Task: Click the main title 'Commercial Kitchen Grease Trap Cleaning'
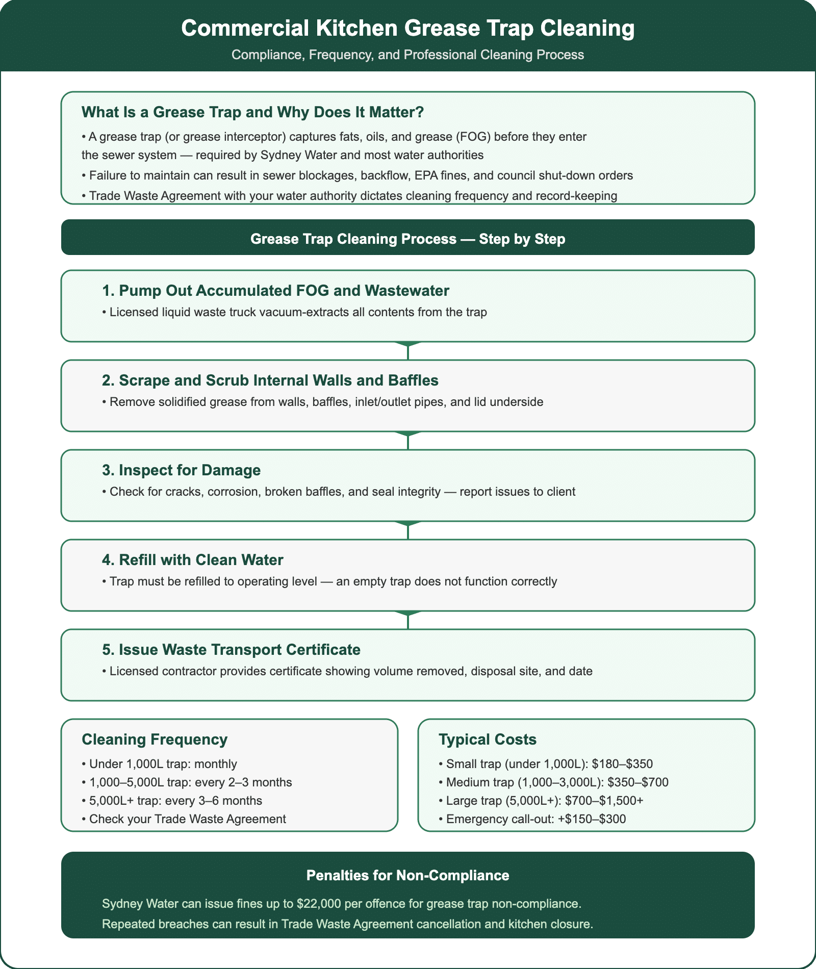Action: pos(407,29)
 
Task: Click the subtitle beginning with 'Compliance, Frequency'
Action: pos(407,55)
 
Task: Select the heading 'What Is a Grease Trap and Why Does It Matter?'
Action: pos(252,112)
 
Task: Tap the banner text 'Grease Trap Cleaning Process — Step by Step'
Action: pos(407,239)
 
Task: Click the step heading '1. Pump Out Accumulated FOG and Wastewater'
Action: pos(275,291)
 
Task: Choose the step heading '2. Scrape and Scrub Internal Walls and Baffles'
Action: pos(270,380)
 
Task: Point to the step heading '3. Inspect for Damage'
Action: pos(181,470)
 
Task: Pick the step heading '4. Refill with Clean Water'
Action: pos(192,560)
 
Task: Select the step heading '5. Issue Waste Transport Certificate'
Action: pos(231,650)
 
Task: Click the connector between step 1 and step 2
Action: pos(408,351)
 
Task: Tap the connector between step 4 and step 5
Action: pos(408,620)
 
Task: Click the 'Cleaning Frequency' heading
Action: pos(155,739)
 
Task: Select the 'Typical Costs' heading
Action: pos(488,739)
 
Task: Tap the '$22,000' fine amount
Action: pos(319,904)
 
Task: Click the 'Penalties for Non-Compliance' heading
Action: pos(407,876)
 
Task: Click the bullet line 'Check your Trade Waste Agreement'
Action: pos(187,819)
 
